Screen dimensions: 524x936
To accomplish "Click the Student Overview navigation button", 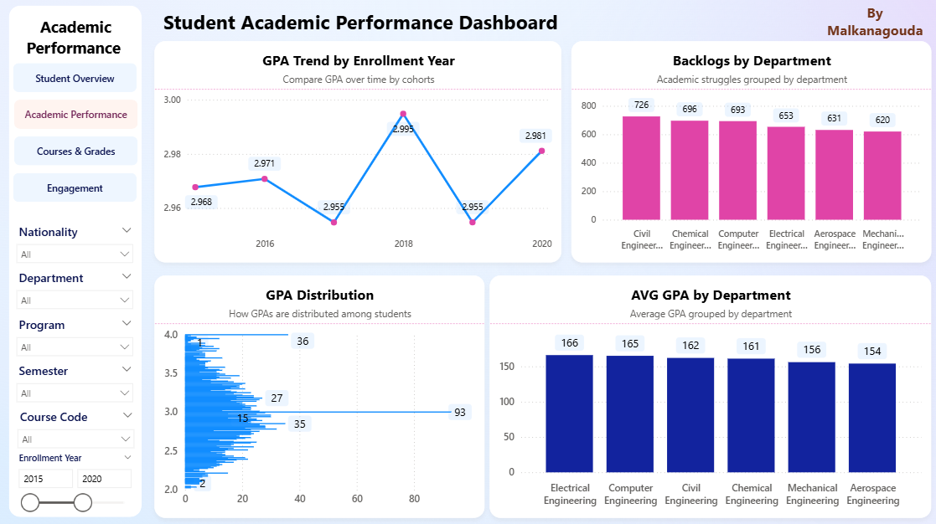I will [75, 78].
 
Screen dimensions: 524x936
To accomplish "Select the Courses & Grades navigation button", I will [75, 152].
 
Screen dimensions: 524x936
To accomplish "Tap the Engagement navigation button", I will [75, 188].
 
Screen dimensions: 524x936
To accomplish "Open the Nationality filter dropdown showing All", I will [75, 254].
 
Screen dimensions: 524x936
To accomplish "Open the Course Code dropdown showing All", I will [75, 439].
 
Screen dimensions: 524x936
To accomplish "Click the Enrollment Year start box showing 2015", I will [45, 479].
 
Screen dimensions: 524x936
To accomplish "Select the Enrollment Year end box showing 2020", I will [104, 479].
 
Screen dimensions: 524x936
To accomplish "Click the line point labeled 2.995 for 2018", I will [403, 114].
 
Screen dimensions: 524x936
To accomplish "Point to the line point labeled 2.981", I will [542, 151].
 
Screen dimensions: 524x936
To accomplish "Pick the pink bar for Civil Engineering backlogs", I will [641, 167].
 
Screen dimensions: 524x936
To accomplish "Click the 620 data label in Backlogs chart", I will [882, 120].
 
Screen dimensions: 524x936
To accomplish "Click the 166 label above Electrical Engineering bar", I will [569, 342].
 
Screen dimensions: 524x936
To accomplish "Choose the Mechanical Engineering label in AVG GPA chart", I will [812, 494].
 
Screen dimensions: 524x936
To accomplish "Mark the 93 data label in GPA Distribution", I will [459, 412].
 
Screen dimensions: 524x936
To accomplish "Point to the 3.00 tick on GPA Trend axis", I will [172, 100].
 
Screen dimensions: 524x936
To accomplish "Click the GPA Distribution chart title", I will [319, 295].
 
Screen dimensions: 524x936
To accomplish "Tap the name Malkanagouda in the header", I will [875, 30].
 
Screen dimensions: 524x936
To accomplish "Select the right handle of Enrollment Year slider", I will [82, 502].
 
